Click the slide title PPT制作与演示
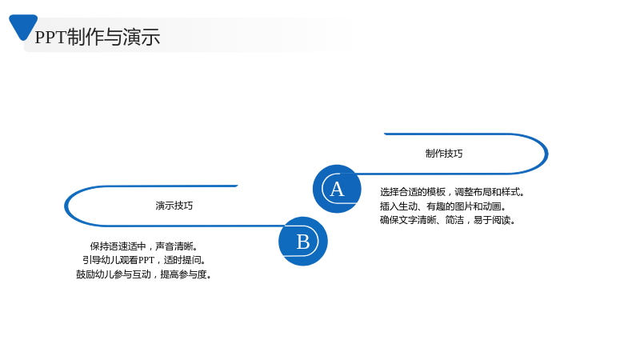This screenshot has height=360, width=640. [97, 37]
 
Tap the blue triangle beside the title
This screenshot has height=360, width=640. [23, 26]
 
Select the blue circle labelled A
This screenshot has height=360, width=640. [337, 189]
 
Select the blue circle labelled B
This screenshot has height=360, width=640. [303, 242]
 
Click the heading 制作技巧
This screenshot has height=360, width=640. [444, 154]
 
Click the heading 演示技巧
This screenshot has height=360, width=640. [174, 206]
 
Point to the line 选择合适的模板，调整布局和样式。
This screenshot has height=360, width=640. [452, 192]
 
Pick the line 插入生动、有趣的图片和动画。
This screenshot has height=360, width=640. [443, 206]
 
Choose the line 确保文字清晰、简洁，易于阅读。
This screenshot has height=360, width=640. [448, 220]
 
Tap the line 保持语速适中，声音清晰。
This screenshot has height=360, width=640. [144, 246]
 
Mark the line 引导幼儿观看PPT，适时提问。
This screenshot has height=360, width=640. [144, 260]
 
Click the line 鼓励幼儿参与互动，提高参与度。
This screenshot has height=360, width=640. [144, 274]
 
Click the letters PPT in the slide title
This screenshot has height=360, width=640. [50, 37]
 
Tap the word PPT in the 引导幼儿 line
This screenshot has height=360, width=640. [146, 260]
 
